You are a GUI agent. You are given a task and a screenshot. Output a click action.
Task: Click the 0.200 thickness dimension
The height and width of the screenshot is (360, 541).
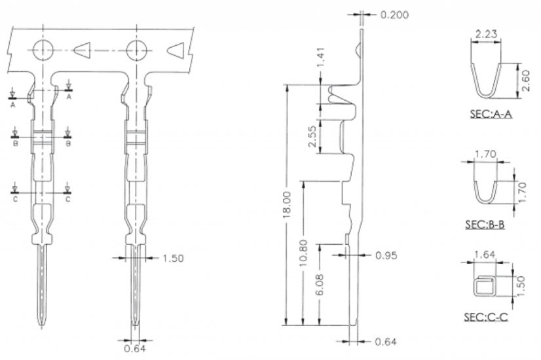[394, 15]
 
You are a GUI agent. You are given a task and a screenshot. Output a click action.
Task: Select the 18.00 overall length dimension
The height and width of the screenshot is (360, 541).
[287, 204]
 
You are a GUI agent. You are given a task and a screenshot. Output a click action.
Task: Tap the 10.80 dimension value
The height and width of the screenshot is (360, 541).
[303, 253]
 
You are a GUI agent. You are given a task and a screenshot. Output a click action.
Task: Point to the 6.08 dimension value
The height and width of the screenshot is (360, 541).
[320, 285]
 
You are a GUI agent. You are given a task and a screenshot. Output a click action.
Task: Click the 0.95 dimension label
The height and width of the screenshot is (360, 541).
[386, 255]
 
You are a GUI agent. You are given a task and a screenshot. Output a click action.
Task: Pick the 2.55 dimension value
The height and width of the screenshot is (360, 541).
[312, 137]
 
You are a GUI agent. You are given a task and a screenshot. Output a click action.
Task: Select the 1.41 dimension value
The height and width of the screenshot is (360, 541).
[320, 58]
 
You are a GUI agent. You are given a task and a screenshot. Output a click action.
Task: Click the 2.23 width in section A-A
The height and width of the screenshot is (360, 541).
[486, 34]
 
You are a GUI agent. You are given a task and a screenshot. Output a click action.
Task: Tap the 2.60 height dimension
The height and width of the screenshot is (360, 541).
[525, 81]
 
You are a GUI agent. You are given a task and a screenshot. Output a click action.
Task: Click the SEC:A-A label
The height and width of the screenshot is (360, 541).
[491, 114]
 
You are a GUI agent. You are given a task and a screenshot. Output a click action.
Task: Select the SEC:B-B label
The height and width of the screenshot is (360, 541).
[485, 225]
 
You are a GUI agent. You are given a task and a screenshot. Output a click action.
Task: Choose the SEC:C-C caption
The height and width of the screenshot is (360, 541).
[486, 317]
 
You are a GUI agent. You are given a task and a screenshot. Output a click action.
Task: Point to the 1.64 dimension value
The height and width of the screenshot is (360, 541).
[485, 255]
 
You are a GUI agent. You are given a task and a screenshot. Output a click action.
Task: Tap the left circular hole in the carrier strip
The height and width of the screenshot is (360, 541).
[43, 50]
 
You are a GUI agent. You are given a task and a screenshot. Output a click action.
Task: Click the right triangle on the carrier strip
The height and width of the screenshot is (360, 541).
[176, 50]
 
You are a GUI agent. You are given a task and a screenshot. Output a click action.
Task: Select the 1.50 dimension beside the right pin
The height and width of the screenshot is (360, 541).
[173, 259]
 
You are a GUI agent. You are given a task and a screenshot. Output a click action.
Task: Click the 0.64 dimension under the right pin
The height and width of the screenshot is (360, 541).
[135, 348]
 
